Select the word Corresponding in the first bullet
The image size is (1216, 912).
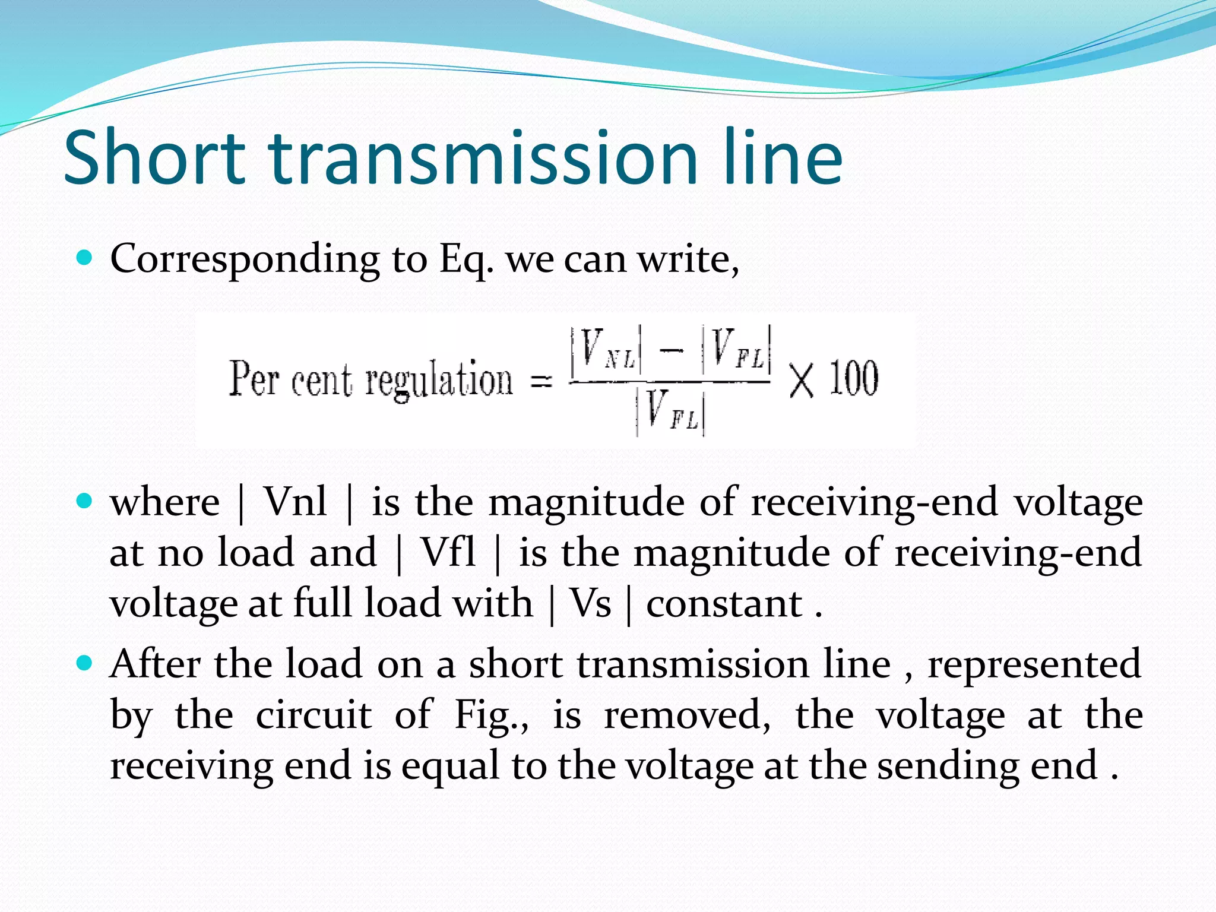(245, 259)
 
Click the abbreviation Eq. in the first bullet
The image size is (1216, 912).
(466, 259)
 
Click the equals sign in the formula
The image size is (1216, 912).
(541, 381)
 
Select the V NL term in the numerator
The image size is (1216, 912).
(606, 349)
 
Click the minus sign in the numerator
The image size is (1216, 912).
(671, 350)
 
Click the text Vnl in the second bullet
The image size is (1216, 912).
(295, 502)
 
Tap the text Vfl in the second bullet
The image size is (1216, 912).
(448, 553)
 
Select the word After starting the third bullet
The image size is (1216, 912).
(156, 664)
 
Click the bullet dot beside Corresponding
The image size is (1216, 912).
(85, 258)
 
